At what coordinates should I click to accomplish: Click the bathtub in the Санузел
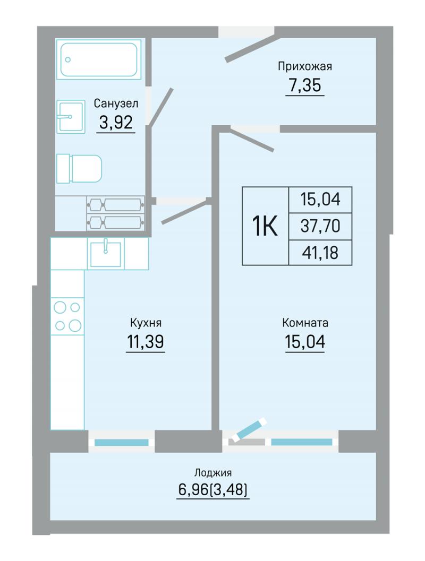[98, 59]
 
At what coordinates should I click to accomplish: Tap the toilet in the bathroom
[79, 169]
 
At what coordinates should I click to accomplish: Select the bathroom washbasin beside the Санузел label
[71, 117]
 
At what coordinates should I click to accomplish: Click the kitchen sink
[105, 253]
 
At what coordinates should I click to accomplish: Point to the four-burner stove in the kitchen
[67, 316]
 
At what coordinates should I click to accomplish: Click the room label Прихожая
[305, 66]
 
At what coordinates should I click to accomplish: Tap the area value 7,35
[305, 85]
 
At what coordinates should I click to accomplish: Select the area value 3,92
[116, 123]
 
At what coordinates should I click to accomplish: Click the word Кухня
[146, 323]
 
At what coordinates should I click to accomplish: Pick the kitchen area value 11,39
[146, 342]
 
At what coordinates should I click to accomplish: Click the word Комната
[305, 323]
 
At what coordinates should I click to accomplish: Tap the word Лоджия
[212, 472]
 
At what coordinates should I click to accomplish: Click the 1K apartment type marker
[265, 226]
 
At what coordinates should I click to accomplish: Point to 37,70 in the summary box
[320, 226]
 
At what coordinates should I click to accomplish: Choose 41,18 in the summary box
[320, 253]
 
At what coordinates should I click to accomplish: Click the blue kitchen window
[121, 442]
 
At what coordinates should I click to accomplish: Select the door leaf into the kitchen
[185, 212]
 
